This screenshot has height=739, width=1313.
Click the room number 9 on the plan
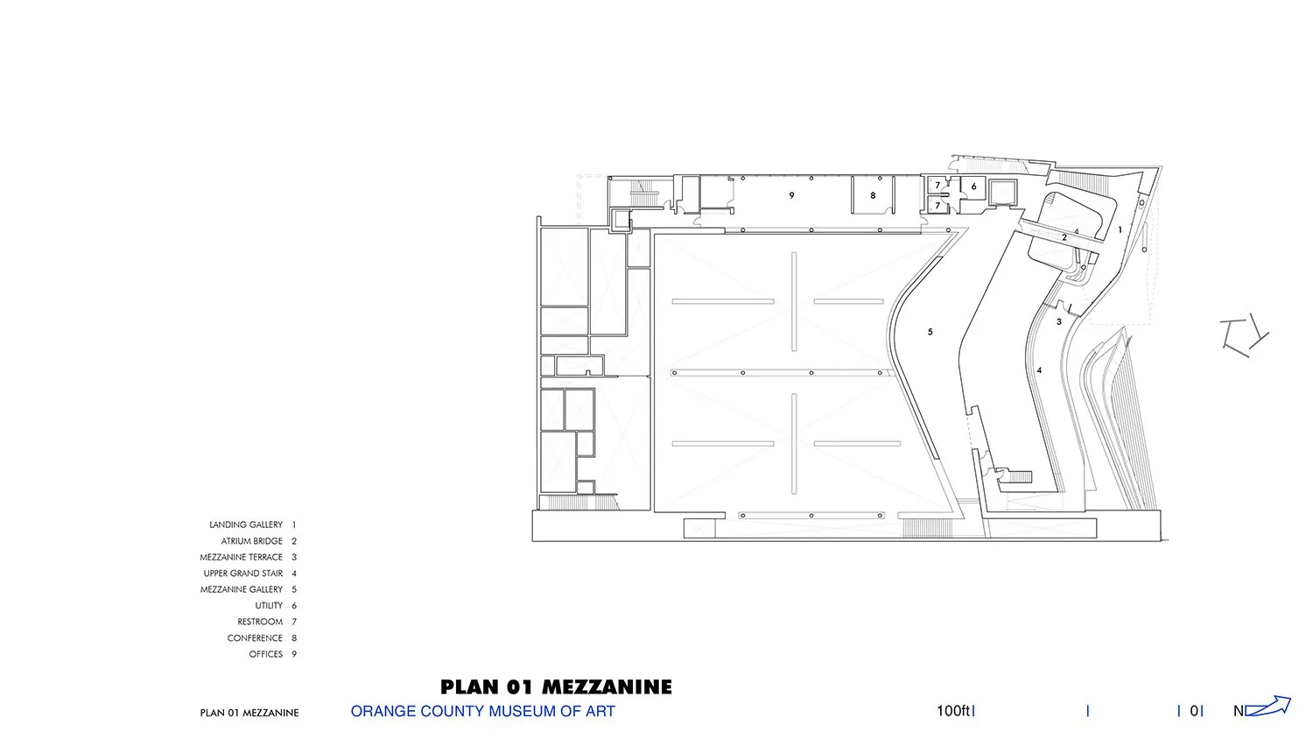791,195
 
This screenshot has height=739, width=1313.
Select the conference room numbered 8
873,195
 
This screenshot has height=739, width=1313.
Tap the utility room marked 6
973,187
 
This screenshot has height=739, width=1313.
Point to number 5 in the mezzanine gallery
930,332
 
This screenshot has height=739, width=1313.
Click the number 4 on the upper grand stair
1039,370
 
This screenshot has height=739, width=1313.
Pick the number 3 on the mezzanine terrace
1058,321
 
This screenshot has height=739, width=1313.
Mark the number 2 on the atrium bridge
1064,237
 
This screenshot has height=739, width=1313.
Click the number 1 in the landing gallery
1120,230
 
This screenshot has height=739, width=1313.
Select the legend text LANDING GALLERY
246,525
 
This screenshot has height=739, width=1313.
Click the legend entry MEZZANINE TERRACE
241,557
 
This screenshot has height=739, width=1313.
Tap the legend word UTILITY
269,605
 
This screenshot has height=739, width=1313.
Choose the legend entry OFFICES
265,654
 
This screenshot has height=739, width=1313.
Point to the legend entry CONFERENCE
255,638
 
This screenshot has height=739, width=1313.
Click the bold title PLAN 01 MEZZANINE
556,686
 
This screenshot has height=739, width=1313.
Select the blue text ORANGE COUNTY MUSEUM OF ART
483,712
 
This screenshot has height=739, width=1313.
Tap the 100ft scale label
952,711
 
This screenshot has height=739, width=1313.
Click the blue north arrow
1267,706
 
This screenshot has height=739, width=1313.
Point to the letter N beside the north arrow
1239,711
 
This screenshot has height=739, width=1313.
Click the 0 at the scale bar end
1194,711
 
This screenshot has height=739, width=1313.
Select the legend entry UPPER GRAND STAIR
243,574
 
